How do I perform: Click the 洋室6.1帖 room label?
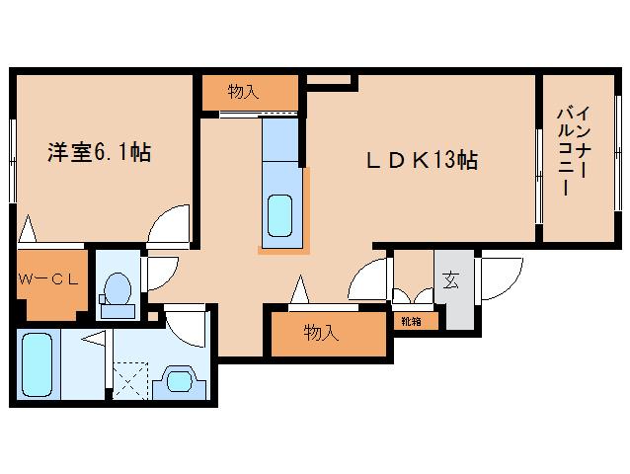(100, 153)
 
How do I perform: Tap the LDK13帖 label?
(422, 160)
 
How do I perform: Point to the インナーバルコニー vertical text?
(574, 151)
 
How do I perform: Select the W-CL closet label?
(48, 279)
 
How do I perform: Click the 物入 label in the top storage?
(243, 92)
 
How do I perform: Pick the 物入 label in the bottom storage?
(321, 333)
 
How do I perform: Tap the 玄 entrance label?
(450, 280)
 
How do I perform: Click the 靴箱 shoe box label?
(411, 321)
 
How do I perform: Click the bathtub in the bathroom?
(37, 365)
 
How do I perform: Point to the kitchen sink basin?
(279, 215)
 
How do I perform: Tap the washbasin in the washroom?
(179, 381)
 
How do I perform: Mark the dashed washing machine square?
(130, 380)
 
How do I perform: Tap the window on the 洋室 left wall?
(13, 161)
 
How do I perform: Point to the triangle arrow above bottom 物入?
(300, 289)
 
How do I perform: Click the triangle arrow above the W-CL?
(28, 228)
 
